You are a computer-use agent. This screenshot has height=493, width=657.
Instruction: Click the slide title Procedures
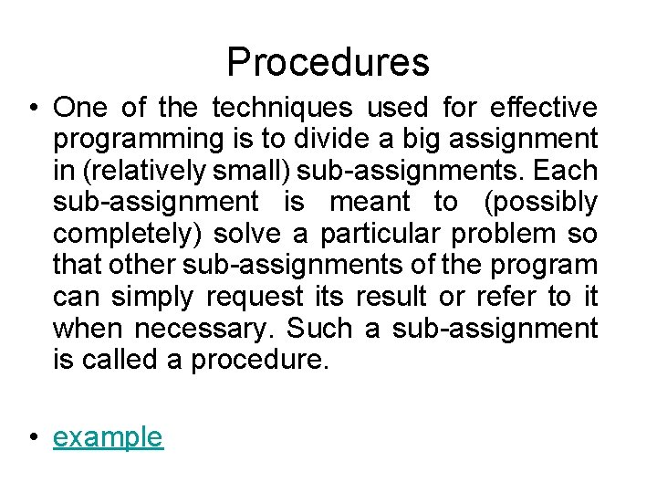pyautogui.click(x=328, y=62)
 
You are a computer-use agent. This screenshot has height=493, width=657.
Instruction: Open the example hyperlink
pyautogui.click(x=108, y=437)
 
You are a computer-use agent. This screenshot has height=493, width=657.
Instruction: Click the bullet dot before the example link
pyautogui.click(x=32, y=438)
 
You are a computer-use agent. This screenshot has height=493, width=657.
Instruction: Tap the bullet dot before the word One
pyautogui.click(x=32, y=109)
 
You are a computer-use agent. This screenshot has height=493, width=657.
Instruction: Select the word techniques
pyautogui.click(x=281, y=109)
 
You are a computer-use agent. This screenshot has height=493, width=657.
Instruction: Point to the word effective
pyautogui.click(x=545, y=109)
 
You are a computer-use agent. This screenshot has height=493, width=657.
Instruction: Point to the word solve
pyautogui.click(x=248, y=234)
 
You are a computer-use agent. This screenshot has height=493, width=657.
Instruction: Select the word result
pyautogui.click(x=391, y=297)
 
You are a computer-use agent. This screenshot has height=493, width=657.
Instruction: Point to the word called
pyautogui.click(x=118, y=360)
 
